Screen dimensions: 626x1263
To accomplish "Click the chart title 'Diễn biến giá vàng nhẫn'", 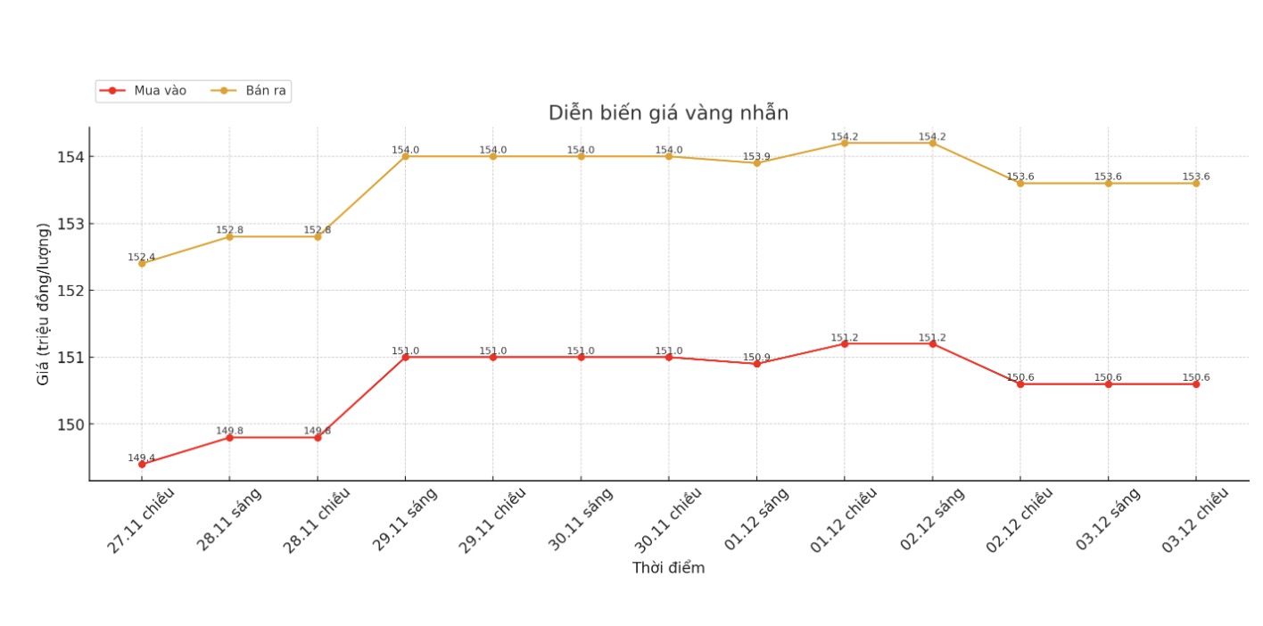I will (x=668, y=113).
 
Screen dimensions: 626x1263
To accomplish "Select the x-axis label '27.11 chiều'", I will (x=141, y=520).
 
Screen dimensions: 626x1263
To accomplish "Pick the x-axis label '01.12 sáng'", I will (x=756, y=519).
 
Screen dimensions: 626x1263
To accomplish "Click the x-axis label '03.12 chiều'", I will (x=1195, y=520).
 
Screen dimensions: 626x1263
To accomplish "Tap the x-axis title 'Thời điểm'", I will (x=668, y=568).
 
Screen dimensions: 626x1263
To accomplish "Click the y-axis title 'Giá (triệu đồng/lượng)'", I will (x=43, y=303).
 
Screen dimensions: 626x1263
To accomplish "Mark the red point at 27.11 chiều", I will (x=142, y=465).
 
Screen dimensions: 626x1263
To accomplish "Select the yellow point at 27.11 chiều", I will (x=142, y=263).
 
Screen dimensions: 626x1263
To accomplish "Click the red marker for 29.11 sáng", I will (x=405, y=357).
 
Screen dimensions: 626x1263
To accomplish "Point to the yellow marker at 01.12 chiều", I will (x=845, y=143).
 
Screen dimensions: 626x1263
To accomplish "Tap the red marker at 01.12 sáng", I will (x=756, y=364).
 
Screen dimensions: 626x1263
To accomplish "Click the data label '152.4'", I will (x=141, y=257).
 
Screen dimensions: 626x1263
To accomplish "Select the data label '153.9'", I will (x=756, y=157).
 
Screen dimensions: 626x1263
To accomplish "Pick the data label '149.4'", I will (x=141, y=457).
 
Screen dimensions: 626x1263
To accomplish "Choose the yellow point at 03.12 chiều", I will (x=1196, y=183).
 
